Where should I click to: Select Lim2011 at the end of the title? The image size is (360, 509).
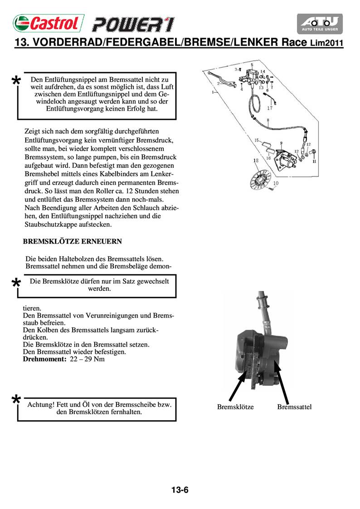[x=326, y=44]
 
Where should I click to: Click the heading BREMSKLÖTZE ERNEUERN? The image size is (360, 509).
[x=72, y=241]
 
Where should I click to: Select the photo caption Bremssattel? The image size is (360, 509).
[x=294, y=407]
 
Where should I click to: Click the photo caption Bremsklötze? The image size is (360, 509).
[x=235, y=407]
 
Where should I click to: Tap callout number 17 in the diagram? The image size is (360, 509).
[x=270, y=108]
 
